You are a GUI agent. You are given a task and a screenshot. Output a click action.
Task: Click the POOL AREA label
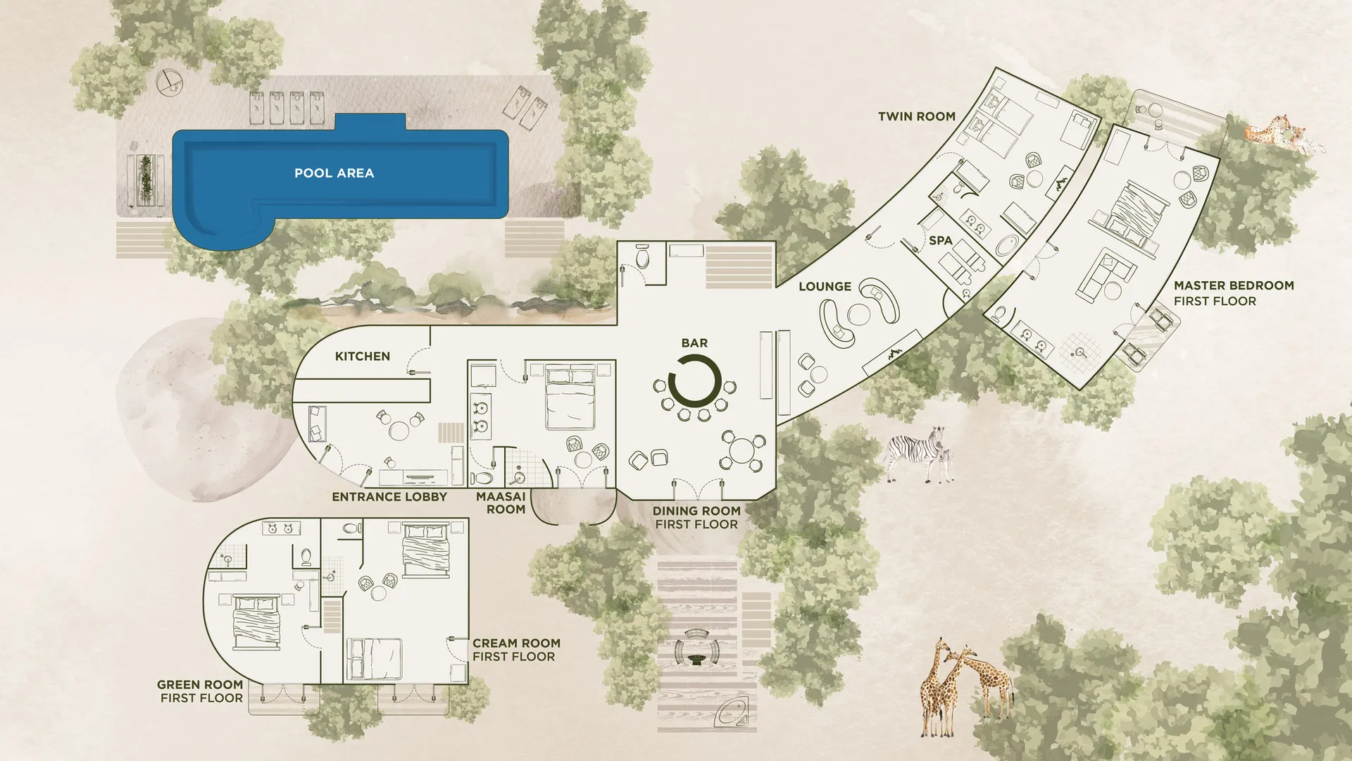(334, 173)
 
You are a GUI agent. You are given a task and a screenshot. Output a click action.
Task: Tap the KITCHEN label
(362, 356)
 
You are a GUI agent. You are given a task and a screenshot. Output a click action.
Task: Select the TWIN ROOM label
(916, 116)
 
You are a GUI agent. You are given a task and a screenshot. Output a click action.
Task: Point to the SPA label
(940, 240)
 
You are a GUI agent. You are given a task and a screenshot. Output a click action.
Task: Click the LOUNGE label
(825, 286)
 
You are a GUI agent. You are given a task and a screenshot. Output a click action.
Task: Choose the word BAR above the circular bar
(694, 343)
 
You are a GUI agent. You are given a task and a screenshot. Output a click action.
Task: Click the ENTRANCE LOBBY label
(389, 497)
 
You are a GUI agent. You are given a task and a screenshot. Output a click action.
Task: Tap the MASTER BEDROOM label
(1234, 285)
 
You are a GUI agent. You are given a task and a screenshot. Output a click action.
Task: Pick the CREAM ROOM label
(516, 643)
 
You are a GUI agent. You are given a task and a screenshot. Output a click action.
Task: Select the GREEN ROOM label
(200, 684)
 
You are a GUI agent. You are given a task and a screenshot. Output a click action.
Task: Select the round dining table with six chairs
(742, 451)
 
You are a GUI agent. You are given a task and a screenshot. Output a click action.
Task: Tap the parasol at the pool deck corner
(168, 81)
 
